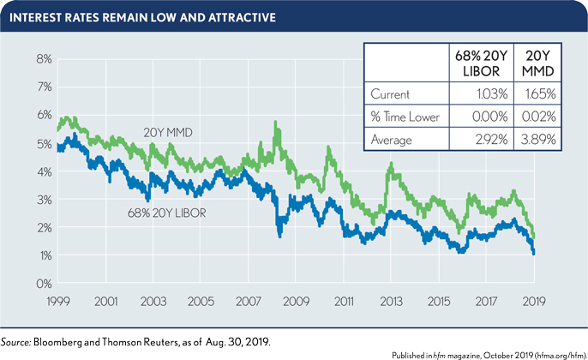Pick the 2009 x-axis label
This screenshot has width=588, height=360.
pos(296,302)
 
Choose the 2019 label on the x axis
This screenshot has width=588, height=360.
pos(535,302)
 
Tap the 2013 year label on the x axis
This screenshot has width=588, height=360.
pos(392,302)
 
